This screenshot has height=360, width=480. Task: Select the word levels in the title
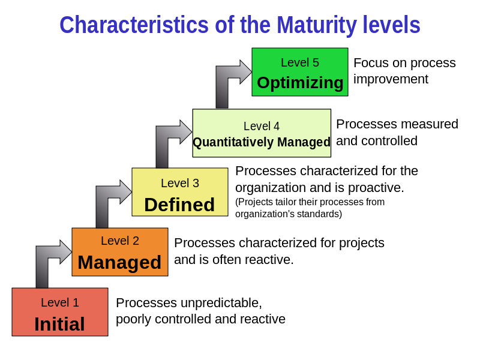coord(391,26)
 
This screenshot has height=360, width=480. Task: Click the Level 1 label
coord(60,303)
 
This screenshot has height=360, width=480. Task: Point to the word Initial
coord(59,324)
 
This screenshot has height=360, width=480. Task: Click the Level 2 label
coord(120,241)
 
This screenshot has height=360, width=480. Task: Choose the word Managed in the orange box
coord(119,262)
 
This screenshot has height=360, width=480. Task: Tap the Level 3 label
coord(180,184)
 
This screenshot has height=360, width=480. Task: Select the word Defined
coord(179,205)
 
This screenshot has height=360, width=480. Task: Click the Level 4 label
coord(262,127)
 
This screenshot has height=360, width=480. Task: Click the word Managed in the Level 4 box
coord(304,143)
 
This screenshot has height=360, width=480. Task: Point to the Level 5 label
coord(300,63)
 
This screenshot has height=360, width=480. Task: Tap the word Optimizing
coord(300,83)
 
